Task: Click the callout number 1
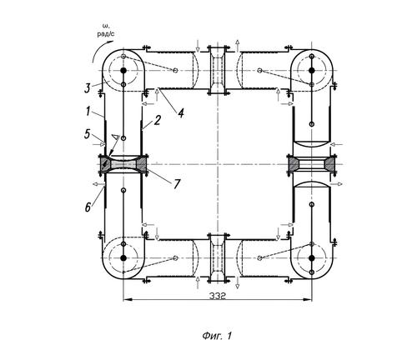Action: (88, 112)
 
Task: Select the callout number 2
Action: (158, 120)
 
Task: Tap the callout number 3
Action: (88, 88)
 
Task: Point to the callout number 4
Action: (181, 113)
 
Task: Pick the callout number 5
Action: (87, 134)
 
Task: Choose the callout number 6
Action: (88, 207)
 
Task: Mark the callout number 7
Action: (177, 184)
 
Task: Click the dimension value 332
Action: (218, 296)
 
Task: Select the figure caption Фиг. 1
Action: (217, 336)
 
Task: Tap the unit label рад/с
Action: (106, 34)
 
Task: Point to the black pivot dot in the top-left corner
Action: (123, 71)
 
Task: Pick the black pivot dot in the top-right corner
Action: (312, 71)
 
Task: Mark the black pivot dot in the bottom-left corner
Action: (123, 258)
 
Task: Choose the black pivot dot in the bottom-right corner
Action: (312, 258)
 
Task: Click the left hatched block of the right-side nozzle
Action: (294, 164)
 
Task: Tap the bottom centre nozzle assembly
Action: (218, 258)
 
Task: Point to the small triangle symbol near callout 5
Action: (115, 137)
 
